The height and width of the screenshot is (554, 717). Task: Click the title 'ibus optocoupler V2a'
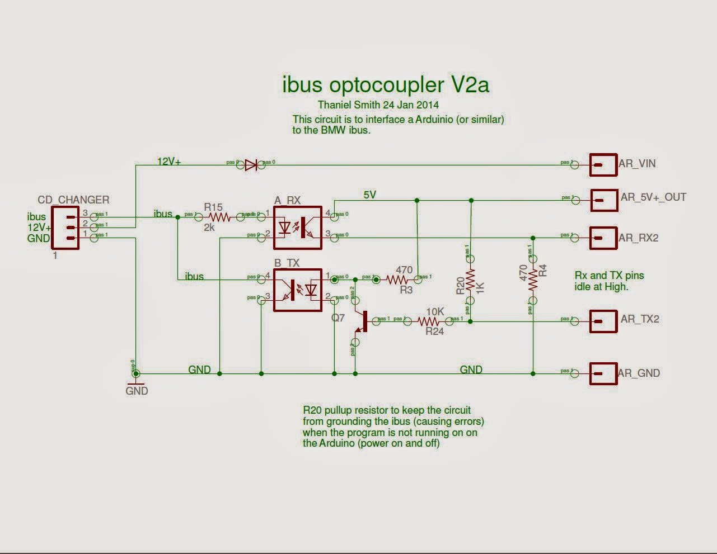click(385, 84)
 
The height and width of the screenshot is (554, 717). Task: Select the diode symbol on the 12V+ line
click(251, 164)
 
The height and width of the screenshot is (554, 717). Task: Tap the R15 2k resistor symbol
click(219, 216)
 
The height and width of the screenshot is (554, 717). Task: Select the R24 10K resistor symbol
click(429, 321)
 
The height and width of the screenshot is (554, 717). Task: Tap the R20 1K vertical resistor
click(471, 280)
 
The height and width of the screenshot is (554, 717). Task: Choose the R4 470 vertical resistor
click(532, 279)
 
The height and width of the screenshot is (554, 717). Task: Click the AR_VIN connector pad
click(603, 165)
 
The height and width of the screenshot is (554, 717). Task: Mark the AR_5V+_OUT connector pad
click(604, 200)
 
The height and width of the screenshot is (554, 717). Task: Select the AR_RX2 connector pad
click(603, 238)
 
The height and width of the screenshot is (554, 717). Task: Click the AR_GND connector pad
click(603, 373)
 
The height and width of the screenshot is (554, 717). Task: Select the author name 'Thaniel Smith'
click(349, 105)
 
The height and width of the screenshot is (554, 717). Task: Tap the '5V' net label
click(370, 195)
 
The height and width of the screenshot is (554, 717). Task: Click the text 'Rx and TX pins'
click(610, 275)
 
